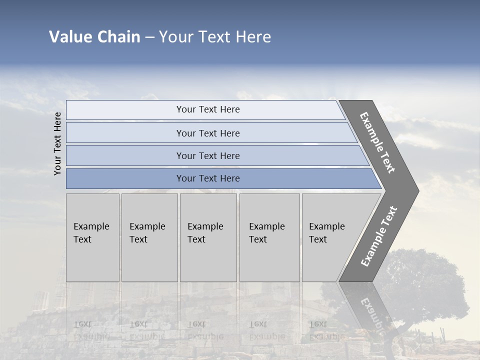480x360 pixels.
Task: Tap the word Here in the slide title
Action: [253, 37]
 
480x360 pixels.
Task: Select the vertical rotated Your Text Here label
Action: [57, 143]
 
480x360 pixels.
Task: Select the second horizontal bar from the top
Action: [207, 133]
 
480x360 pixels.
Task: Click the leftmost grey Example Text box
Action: [92, 237]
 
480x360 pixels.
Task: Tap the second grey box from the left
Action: [149, 237]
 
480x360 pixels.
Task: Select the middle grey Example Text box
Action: [208, 237]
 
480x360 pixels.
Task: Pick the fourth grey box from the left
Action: [269, 237]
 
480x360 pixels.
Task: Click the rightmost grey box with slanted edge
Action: [332, 237]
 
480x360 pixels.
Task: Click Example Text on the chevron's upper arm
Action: [377, 142]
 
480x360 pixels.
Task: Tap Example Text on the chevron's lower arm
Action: [379, 236]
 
